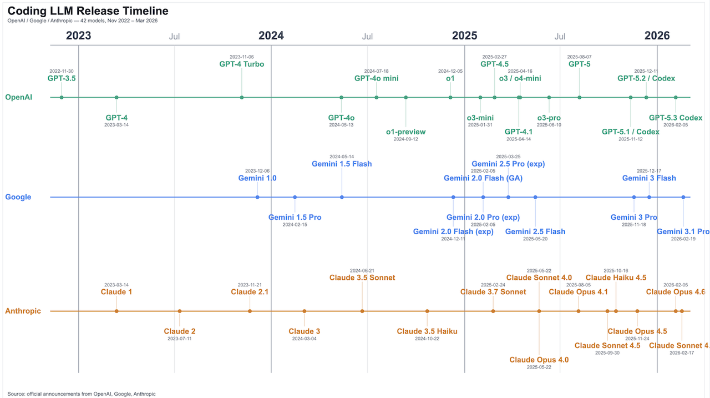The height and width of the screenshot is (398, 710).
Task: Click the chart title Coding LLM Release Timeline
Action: coord(88,11)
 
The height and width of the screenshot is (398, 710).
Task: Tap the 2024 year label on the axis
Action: coord(271,36)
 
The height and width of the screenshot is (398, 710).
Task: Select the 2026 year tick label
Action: coord(657,36)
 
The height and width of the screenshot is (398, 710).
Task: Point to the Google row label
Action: coord(18,197)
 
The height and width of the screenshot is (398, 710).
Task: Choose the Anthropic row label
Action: coord(23,311)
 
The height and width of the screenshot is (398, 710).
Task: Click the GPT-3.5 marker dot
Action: coord(62,98)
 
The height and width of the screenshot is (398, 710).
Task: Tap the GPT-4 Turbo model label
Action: coord(242,64)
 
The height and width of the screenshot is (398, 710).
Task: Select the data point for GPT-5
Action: coord(580,98)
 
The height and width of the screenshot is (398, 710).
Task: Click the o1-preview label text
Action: coord(406,132)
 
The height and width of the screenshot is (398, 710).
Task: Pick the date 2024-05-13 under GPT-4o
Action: coord(341,125)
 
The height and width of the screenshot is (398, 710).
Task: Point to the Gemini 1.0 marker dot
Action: coord(257,197)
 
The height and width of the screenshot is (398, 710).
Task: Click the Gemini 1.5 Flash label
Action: coord(342,164)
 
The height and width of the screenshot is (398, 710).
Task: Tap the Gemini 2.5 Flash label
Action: coord(535,231)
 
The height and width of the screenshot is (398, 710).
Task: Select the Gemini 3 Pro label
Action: coord(634,217)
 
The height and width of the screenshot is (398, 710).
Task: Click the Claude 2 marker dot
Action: coord(180,311)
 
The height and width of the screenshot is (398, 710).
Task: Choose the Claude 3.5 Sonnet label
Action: coord(362,278)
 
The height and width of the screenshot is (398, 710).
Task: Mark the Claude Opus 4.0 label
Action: coord(539,360)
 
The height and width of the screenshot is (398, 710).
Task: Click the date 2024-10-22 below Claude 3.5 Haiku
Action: coord(427,338)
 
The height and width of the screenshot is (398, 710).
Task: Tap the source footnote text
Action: coord(82,394)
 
